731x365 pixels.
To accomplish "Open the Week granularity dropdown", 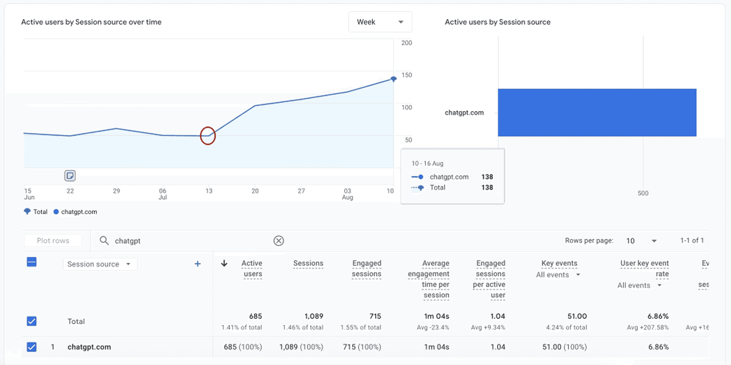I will pos(380,22).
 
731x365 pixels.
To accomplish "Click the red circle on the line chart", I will pos(208,136).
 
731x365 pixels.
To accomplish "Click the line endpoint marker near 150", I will pos(393,79).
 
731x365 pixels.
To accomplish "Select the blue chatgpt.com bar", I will pos(597,112).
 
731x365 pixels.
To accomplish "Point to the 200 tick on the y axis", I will pos(406,43).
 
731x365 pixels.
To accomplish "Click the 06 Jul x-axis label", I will pos(163,194).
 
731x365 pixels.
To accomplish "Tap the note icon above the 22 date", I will pos(70,176).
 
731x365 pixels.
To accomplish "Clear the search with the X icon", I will pos(279,241).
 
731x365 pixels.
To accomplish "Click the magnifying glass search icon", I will pos(104,241).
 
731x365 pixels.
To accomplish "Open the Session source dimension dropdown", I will pos(100,264).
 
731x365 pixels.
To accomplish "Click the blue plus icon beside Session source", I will pos(197,264).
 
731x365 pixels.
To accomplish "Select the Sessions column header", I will pos(308,263).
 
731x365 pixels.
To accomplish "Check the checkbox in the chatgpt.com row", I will pos(32,347).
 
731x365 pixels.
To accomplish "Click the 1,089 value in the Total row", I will pos(314,316).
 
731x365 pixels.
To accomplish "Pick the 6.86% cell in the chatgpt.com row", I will pos(658,347).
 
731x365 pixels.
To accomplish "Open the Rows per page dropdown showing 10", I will pos(641,241).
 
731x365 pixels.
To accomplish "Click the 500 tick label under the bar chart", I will pos(643,193).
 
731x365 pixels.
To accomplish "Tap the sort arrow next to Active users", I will pos(224,263).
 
